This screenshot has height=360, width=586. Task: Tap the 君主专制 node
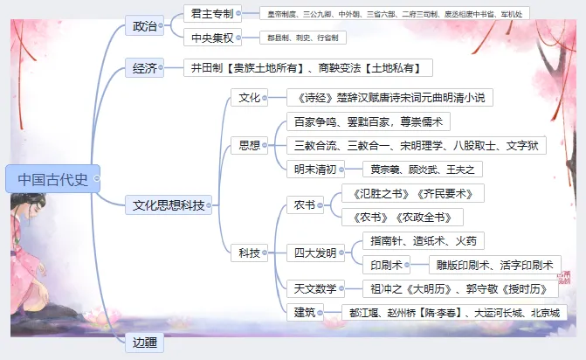pos(210,13)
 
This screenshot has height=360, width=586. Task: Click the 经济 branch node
pos(144,67)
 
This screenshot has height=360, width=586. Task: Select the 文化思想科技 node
pos(169,205)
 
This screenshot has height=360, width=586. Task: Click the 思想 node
pos(249,144)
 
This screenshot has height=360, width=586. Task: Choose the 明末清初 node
pos(317,169)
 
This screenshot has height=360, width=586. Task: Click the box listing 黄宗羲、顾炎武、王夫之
pos(426,169)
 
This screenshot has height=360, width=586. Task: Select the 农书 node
pos(305,205)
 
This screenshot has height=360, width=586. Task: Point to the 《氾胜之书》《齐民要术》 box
pos(412,193)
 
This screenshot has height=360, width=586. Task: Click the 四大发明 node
pos(314,253)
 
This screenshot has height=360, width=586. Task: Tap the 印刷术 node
pos(386,265)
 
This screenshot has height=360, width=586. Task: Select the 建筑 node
pos(305,312)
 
